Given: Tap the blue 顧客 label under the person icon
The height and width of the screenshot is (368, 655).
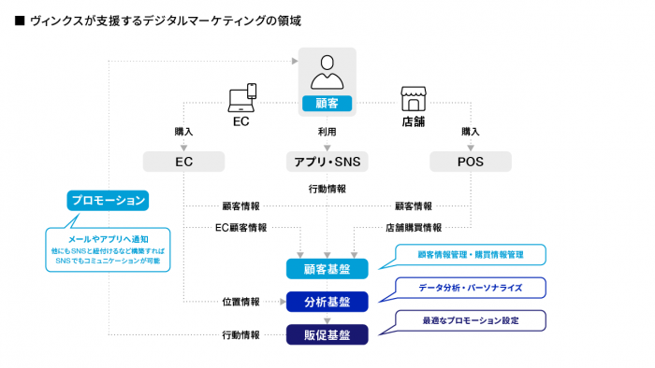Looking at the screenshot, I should tap(326, 103).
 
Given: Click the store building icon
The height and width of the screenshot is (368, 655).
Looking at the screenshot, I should tap(413, 98).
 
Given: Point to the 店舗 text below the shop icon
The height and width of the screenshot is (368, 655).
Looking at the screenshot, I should tap(413, 120).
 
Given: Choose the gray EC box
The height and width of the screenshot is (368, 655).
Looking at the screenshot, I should tap(183, 162).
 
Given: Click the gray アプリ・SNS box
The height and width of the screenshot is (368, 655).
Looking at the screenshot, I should tap(326, 162).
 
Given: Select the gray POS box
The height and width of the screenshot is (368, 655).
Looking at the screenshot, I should tap(471, 162).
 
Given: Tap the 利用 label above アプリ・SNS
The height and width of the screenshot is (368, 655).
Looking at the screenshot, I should tap(326, 133).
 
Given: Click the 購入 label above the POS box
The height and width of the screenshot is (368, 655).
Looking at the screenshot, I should tap(471, 132).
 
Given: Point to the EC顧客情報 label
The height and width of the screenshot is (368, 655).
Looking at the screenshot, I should tap(241, 227).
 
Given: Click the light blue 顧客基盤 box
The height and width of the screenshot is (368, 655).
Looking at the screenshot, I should tap(327, 269).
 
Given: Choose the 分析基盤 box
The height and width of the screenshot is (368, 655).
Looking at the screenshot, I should tap(327, 302).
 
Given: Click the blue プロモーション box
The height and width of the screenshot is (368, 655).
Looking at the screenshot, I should tap(109, 200).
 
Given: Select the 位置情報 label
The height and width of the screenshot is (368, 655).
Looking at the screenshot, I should tap(241, 302).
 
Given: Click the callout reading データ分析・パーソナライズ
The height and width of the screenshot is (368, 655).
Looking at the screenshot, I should tap(472, 287).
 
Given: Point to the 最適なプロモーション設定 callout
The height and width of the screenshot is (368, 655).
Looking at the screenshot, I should tap(472, 320).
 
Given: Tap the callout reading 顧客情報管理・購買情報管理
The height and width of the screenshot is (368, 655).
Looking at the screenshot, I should tap(472, 254).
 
